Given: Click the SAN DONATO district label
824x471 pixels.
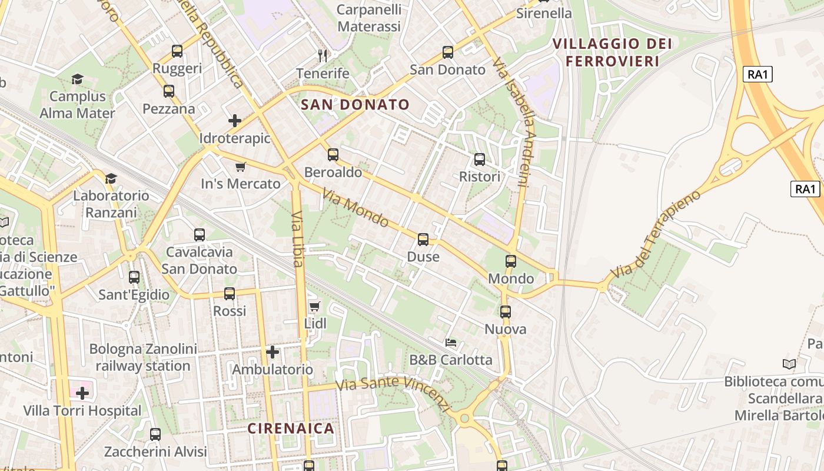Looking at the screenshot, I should [355, 105].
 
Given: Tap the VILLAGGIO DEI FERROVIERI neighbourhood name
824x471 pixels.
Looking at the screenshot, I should [612, 52].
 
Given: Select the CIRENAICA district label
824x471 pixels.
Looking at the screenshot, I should [291, 428].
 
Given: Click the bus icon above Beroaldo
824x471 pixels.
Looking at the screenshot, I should [333, 155].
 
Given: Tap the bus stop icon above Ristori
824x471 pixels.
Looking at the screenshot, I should [480, 160].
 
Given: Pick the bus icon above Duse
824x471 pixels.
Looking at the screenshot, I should [423, 240].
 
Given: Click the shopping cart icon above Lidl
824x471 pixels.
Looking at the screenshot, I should [315, 306].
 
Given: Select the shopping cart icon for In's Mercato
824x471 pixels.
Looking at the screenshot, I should [240, 167].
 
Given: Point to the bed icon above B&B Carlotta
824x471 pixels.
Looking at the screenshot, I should [451, 342].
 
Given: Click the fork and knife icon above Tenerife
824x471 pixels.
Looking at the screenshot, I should [323, 56].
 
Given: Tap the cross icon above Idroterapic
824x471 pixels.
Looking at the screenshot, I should [235, 121].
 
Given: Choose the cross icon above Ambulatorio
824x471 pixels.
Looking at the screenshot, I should [273, 352].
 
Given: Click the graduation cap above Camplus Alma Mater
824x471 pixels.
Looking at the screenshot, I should [77, 79].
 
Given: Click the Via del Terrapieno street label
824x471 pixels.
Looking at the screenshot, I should [655, 234].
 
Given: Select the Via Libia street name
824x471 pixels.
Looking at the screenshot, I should [298, 239].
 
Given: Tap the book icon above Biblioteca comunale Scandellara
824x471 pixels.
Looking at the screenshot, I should [789, 364].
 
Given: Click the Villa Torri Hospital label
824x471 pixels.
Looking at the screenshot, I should [82, 410].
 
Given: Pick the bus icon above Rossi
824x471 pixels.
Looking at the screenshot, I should [230, 293].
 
